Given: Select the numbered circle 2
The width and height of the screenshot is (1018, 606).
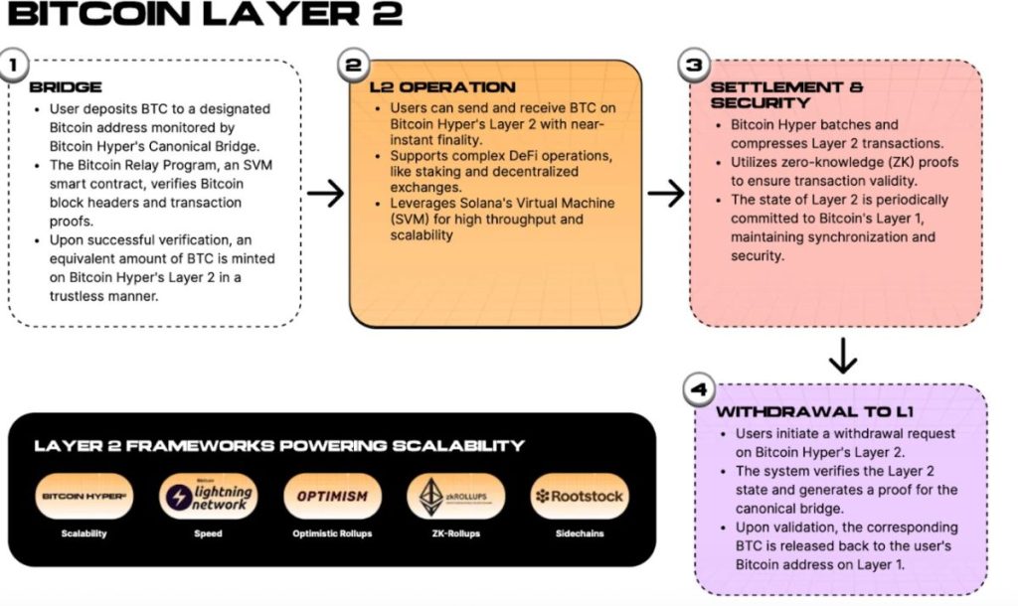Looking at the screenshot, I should (x=353, y=66).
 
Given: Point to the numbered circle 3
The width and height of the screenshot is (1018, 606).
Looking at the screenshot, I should (x=693, y=66).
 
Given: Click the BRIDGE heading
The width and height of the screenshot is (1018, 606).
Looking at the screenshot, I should (x=66, y=87).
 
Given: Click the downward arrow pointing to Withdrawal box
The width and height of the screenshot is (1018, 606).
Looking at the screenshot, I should (x=843, y=357).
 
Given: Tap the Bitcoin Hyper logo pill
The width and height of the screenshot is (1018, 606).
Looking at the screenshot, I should (x=84, y=496).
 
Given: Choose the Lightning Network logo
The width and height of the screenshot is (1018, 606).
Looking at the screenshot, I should (x=208, y=496).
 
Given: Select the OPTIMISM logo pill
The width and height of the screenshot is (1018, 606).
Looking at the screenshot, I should (x=332, y=496).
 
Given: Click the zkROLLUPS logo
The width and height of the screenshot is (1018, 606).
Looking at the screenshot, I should (x=455, y=496).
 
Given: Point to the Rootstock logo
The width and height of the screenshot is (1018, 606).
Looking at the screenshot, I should (x=579, y=496).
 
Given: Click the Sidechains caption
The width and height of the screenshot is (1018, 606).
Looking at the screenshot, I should (x=579, y=533).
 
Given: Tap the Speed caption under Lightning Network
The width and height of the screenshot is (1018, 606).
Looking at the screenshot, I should (x=208, y=533).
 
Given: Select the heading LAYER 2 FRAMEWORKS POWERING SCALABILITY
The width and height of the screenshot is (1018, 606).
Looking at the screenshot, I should (x=279, y=445).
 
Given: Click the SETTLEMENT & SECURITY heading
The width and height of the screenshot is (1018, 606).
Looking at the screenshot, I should (x=785, y=94).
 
